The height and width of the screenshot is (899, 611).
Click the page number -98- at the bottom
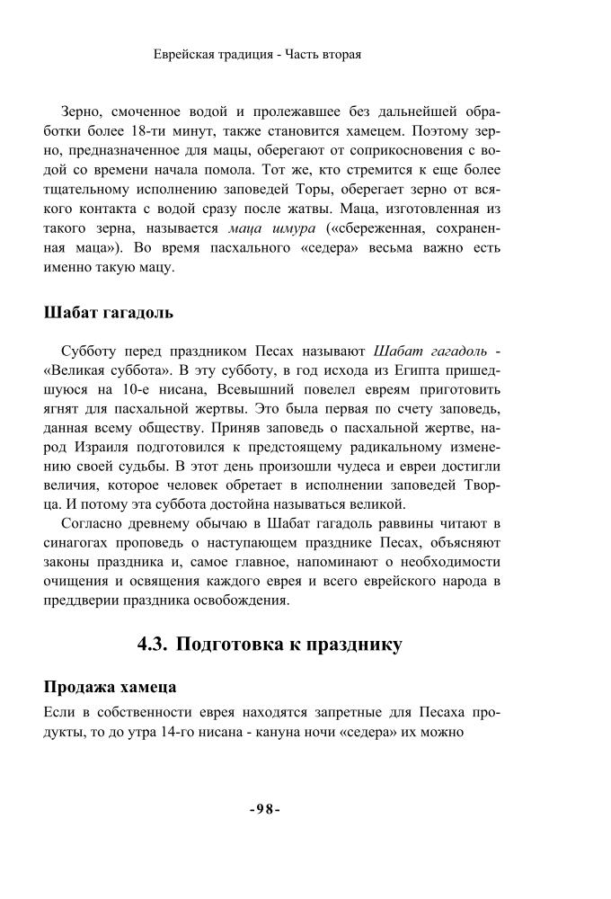(265, 808)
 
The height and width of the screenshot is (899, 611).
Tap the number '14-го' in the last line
(184, 732)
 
